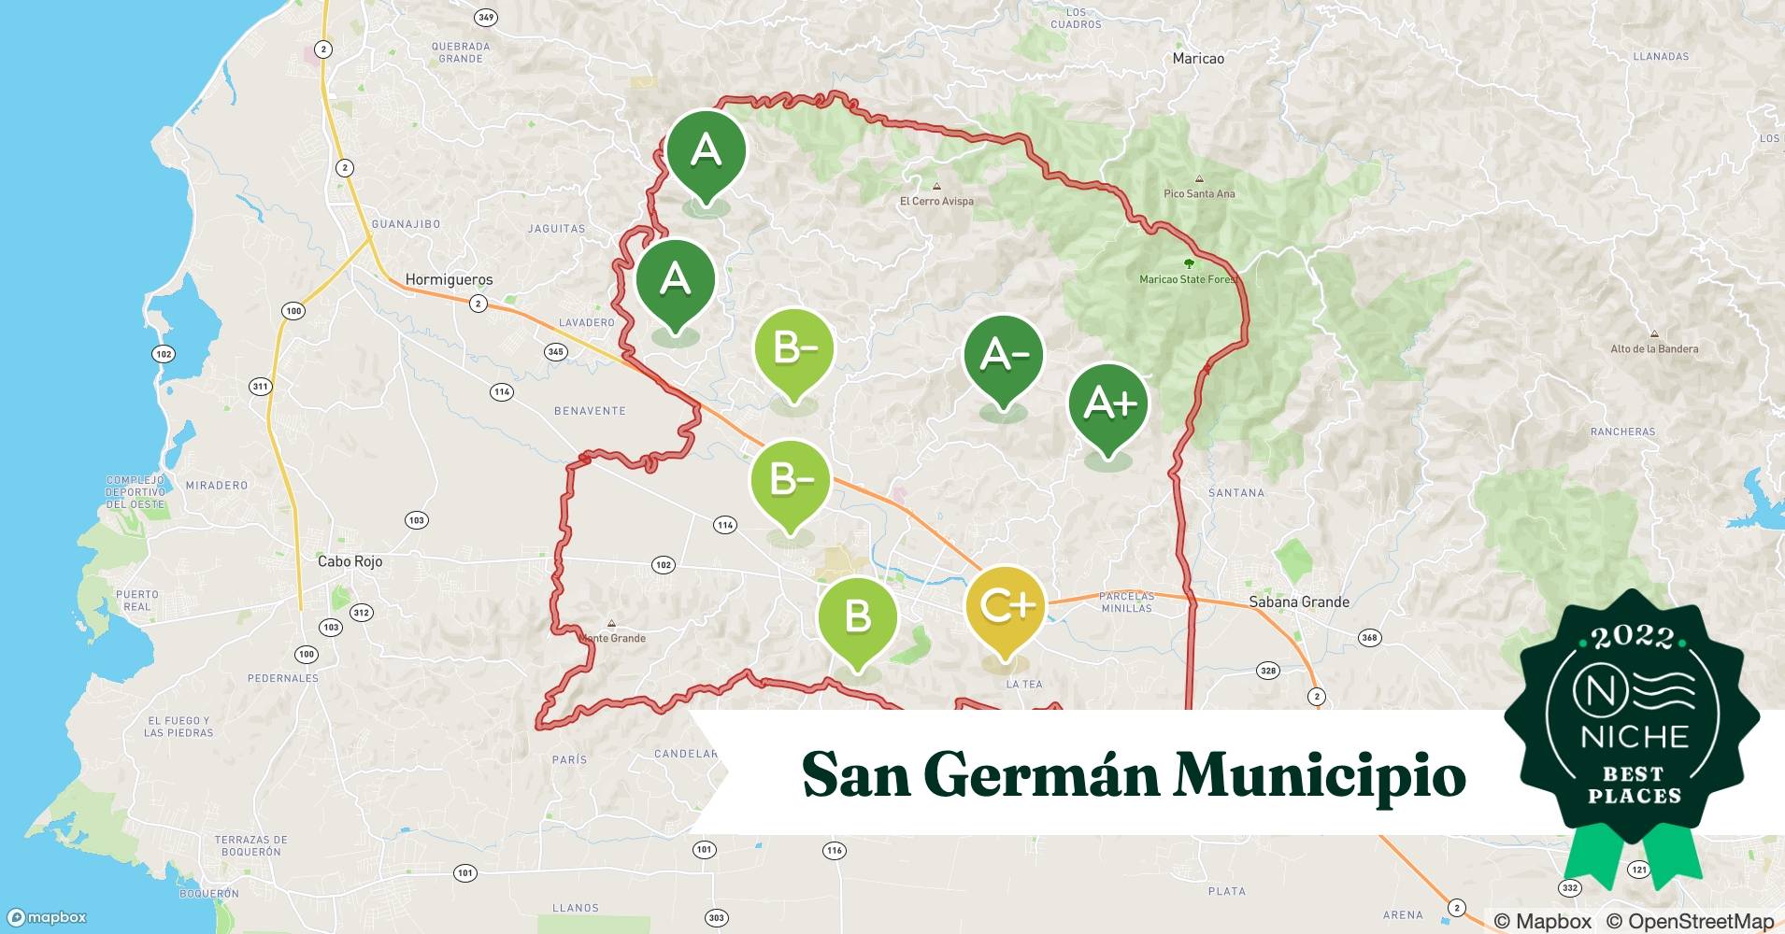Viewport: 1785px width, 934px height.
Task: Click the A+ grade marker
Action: point(1108,403)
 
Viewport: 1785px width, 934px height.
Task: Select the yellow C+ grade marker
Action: point(1006,606)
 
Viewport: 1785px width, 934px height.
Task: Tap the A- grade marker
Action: point(1004,355)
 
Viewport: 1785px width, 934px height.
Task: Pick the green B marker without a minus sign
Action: point(857,616)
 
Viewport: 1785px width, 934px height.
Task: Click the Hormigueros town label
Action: point(449,279)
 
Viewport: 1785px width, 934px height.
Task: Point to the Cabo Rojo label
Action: point(350,561)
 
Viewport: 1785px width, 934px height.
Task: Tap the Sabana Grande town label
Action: point(1299,602)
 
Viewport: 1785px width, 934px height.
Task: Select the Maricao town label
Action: point(1198,58)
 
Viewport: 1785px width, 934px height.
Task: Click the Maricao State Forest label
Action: point(1188,279)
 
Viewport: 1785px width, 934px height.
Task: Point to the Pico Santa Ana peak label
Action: point(1199,193)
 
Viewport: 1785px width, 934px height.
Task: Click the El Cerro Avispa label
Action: point(936,201)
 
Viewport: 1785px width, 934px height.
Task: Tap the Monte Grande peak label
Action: point(612,638)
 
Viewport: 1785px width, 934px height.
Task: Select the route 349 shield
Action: point(486,18)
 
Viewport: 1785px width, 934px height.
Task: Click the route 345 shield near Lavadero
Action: point(555,352)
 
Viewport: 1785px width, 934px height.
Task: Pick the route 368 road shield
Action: point(1369,638)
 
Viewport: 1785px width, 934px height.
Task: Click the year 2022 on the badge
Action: point(1633,638)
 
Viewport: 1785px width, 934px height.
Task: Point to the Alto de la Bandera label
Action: point(1654,348)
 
